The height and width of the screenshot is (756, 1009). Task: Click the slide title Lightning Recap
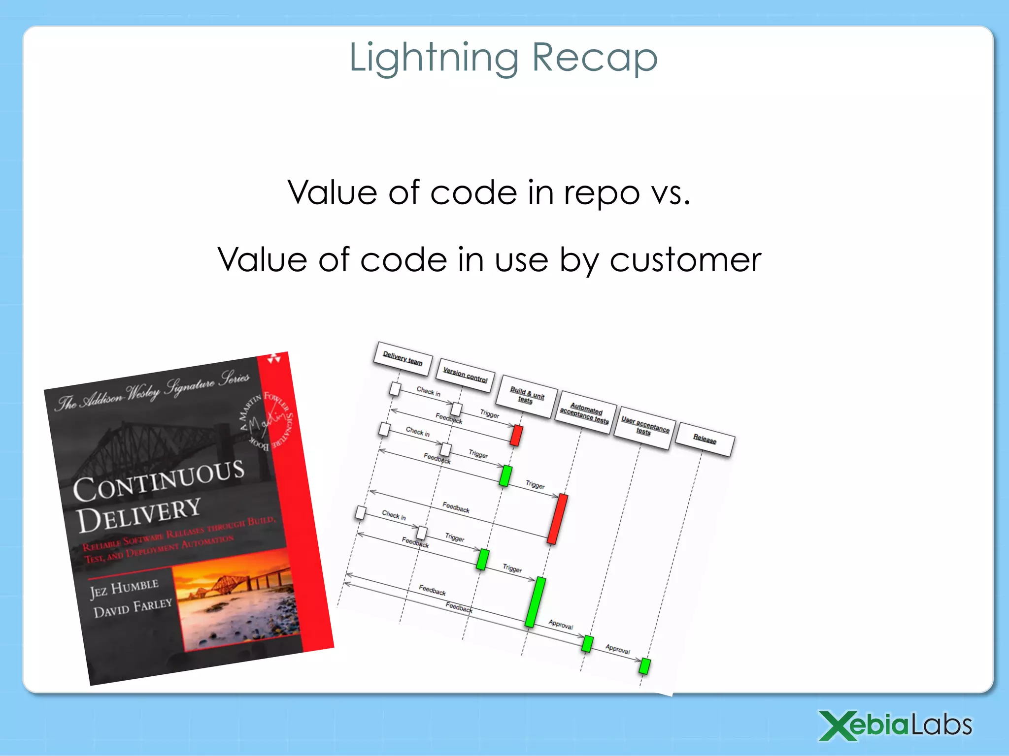[503, 58]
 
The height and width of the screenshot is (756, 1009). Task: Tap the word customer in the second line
[685, 260]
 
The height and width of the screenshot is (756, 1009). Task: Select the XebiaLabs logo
[895, 725]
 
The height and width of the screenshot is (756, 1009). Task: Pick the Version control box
[465, 375]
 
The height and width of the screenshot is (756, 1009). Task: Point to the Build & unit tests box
[527, 396]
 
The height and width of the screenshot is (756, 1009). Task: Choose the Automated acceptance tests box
[585, 413]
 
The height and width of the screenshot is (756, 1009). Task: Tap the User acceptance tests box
[644, 427]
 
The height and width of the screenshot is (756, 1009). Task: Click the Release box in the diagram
[705, 439]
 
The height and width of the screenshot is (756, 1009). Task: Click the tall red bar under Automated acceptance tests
[558, 519]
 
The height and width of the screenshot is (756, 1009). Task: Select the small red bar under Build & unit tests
[516, 436]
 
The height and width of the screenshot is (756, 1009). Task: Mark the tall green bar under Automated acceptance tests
[535, 602]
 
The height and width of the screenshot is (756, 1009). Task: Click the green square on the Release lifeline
[644, 666]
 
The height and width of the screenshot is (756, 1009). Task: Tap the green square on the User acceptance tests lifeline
[587, 643]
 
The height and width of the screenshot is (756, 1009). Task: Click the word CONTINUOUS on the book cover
[159, 481]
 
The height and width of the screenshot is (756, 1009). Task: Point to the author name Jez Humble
[124, 588]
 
